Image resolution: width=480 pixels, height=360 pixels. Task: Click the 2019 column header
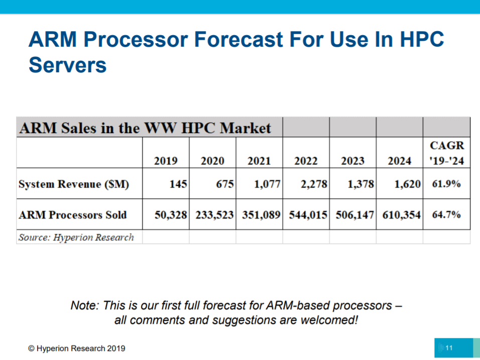166,161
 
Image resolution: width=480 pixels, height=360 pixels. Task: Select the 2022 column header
306,161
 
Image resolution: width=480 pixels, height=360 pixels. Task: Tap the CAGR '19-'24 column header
447,153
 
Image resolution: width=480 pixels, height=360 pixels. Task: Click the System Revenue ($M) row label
74,184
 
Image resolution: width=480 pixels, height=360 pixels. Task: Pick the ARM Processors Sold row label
72,214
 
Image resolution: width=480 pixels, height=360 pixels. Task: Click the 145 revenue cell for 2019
178,184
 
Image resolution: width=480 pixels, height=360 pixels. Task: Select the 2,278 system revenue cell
314,184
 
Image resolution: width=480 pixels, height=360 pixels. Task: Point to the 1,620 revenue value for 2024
408,184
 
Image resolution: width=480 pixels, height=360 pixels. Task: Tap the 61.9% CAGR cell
446,184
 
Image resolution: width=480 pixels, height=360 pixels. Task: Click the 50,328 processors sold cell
171,215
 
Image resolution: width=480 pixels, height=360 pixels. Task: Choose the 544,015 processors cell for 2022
308,215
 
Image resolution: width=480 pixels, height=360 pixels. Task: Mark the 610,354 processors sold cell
402,215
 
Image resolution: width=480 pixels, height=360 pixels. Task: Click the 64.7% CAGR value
446,214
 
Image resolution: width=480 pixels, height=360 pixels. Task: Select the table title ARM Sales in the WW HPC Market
145,128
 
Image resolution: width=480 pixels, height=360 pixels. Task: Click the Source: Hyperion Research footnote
76,237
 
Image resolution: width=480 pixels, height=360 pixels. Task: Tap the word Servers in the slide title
68,65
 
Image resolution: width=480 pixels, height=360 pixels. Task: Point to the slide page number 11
449,348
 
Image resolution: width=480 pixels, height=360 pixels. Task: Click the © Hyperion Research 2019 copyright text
76,348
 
